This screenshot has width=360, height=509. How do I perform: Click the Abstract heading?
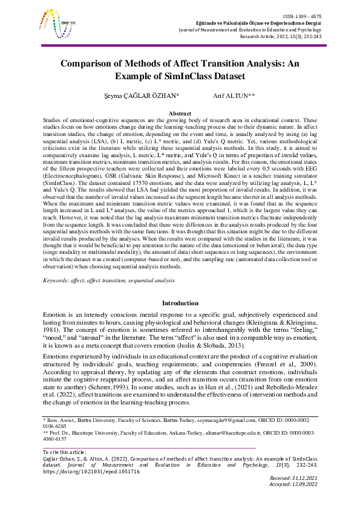pos(180,114)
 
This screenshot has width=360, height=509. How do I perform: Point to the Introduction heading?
pos(180,303)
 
